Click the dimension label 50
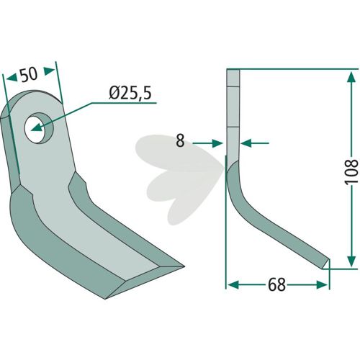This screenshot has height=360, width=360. (29, 74)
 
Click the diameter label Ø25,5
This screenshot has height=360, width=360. (130, 94)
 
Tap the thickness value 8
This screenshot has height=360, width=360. (180, 141)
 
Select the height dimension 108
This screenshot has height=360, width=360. (351, 171)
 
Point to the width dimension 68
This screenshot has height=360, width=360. (276, 285)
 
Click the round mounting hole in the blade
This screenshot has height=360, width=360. (39, 128)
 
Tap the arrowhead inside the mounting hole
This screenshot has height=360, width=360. (37, 127)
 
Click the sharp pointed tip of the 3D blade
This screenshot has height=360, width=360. (183, 266)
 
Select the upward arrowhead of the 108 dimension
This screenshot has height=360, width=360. (351, 77)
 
